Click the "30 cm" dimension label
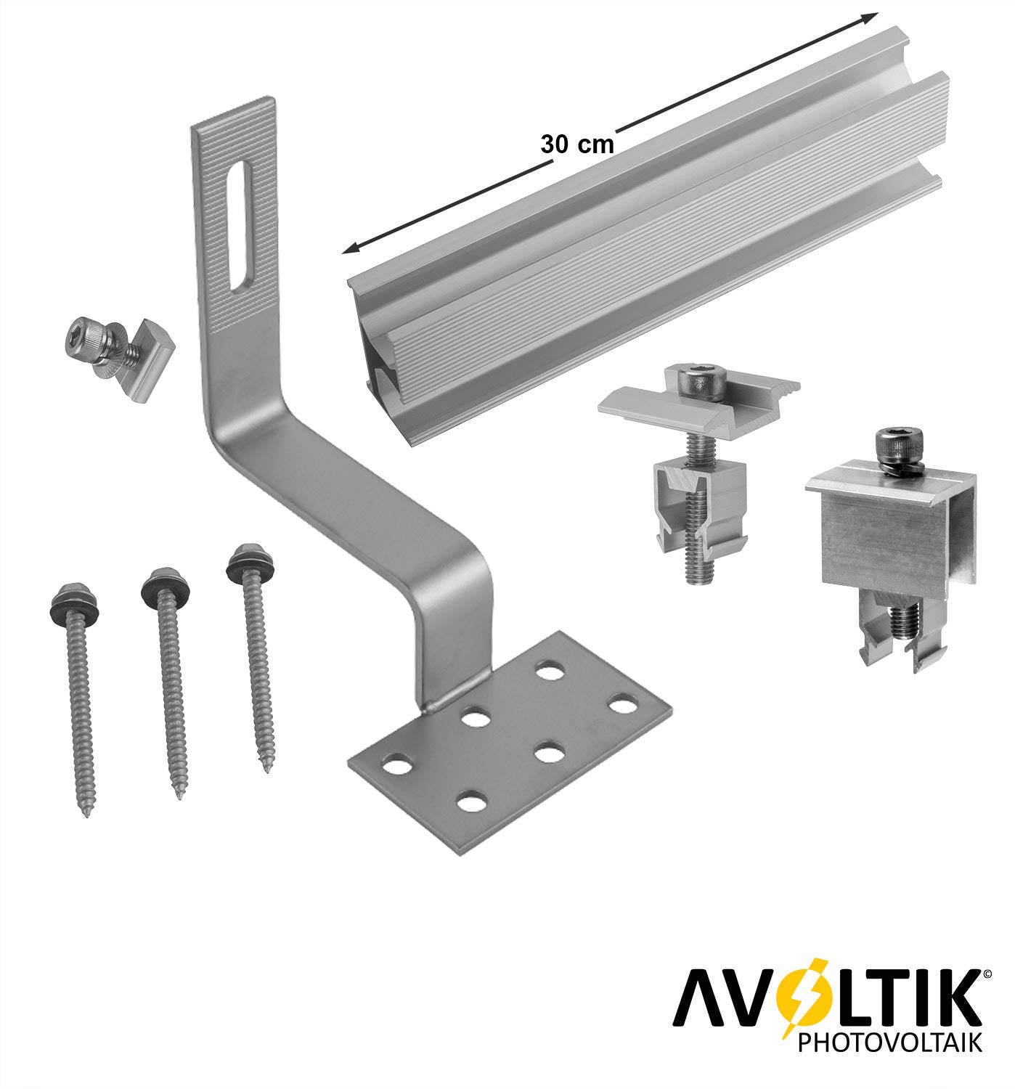click(x=576, y=144)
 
